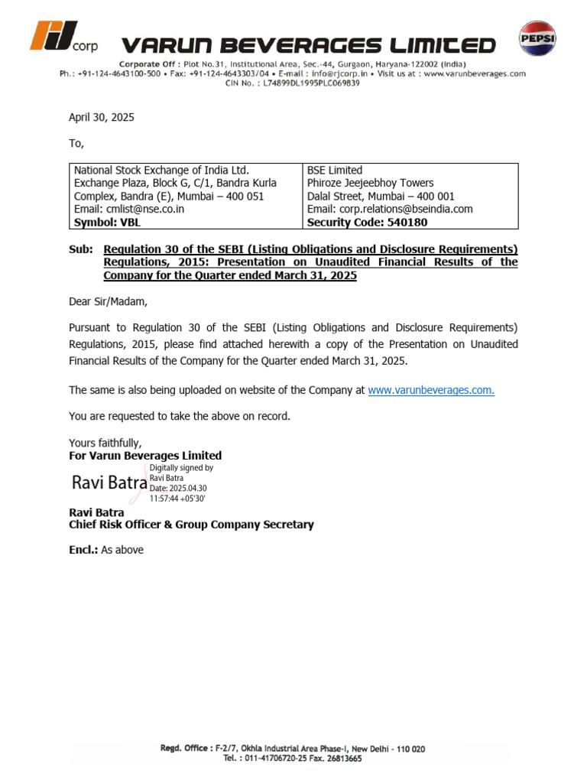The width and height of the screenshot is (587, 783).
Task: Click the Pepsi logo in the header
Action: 537,39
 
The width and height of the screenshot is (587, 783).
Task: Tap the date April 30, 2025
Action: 101,118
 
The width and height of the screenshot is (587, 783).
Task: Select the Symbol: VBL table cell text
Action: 107,223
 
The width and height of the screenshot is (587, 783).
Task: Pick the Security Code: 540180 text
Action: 367,223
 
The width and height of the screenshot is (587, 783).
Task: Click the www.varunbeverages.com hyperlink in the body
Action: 431,390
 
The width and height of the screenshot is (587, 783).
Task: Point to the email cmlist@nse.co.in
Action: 128,209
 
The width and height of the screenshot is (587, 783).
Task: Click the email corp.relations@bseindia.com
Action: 390,209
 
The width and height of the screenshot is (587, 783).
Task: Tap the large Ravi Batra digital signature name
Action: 109,482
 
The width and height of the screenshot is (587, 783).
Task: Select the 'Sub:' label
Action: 80,249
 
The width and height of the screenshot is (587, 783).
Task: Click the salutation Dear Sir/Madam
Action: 108,301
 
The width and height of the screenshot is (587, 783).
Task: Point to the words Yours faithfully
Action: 105,443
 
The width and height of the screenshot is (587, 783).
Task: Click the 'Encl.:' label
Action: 84,550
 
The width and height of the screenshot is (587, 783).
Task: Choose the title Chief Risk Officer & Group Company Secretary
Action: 191,525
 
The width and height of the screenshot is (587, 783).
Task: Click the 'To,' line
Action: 76,143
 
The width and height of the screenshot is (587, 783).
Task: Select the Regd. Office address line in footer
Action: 293,749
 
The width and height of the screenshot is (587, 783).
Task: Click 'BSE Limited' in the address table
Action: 335,170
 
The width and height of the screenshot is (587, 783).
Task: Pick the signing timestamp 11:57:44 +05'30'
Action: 177,498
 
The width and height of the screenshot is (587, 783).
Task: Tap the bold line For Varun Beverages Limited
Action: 145,456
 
